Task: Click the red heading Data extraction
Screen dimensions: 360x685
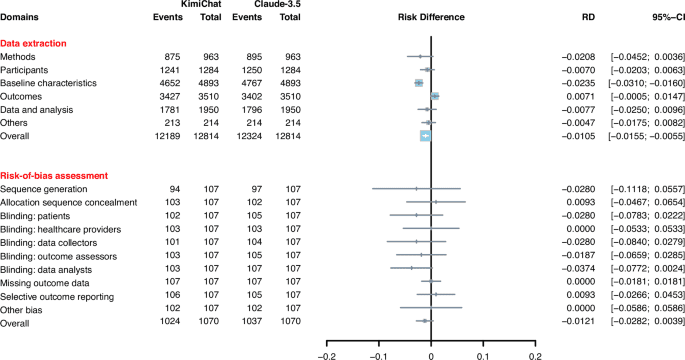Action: pos(33,45)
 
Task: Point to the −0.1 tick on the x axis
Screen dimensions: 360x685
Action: pos(378,353)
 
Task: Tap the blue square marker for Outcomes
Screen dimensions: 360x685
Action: pos(434,97)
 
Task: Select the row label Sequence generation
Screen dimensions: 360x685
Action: pos(43,189)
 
